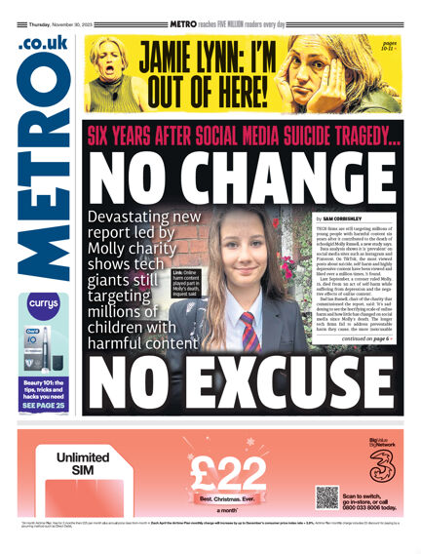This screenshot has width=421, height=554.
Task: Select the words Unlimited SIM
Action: pos(82,462)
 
